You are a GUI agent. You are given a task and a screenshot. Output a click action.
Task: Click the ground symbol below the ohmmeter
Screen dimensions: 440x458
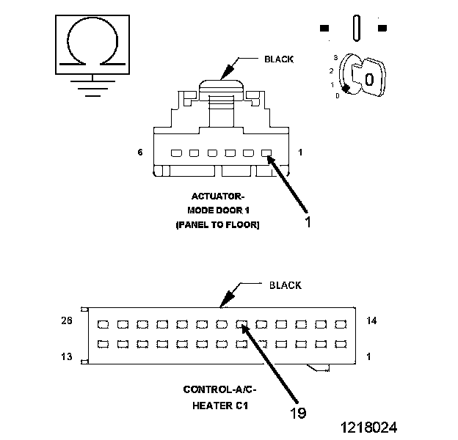point(90,85)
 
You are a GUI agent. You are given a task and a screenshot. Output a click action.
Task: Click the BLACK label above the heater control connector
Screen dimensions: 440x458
point(285,285)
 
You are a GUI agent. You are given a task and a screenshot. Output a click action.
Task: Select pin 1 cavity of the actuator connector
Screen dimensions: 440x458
point(266,154)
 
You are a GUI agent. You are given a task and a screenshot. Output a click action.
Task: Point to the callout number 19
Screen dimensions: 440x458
point(297,412)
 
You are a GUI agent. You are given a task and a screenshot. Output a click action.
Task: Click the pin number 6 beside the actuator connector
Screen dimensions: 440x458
point(139,153)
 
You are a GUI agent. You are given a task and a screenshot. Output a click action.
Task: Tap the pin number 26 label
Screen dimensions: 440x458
point(66,320)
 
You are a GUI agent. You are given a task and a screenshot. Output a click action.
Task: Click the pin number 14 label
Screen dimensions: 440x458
point(371,320)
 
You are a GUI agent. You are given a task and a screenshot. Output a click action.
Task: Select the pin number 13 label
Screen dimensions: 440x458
point(66,356)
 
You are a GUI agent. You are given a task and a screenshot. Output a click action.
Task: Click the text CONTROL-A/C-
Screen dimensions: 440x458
point(219,390)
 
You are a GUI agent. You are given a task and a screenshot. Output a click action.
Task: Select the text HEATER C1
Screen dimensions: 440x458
point(219,404)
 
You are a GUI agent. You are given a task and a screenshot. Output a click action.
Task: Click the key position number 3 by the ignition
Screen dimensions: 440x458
point(335,56)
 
